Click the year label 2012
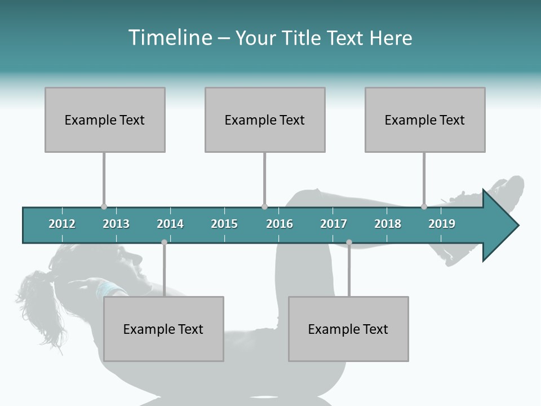tap(62, 224)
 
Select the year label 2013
tap(116, 224)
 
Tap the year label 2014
tap(170, 224)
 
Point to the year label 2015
tap(224, 224)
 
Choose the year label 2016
tap(280, 224)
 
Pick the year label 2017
tap(334, 224)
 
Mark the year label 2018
tap(388, 224)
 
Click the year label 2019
tap(442, 224)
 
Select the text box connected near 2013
tap(105, 120)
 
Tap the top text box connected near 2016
tap(265, 120)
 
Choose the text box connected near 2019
tap(425, 120)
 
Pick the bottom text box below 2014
tap(163, 329)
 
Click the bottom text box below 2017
tap(348, 329)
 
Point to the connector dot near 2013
tap(104, 207)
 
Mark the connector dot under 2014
tap(164, 242)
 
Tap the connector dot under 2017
tap(349, 242)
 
